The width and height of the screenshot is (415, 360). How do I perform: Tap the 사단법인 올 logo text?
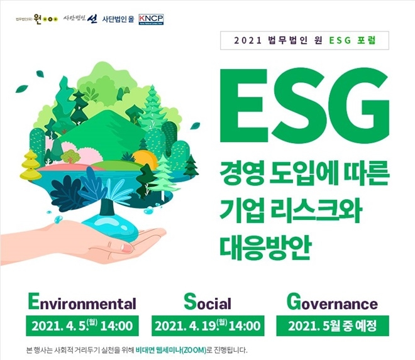point(117,18)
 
